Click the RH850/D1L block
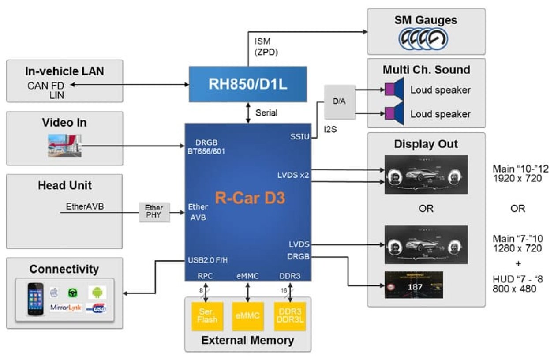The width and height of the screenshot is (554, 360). click(248, 84)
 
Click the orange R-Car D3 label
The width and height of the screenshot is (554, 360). click(250, 198)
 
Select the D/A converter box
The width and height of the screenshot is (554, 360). click(339, 102)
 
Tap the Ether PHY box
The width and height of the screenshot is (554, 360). click(154, 212)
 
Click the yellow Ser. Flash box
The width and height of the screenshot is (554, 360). click(207, 316)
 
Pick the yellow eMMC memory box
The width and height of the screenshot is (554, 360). click(247, 316)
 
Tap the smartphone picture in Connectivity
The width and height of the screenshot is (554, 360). click(36, 299)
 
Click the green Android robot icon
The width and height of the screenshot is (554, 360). click(97, 292)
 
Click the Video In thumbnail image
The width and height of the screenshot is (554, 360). click(65, 146)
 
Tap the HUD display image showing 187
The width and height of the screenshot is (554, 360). click(414, 285)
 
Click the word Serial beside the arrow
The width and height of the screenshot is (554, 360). click(266, 113)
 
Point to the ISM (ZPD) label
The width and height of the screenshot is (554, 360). click(266, 46)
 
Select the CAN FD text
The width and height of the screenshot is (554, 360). click(45, 86)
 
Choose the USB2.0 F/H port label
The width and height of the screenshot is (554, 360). click(208, 260)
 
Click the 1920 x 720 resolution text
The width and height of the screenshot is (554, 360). click(517, 179)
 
